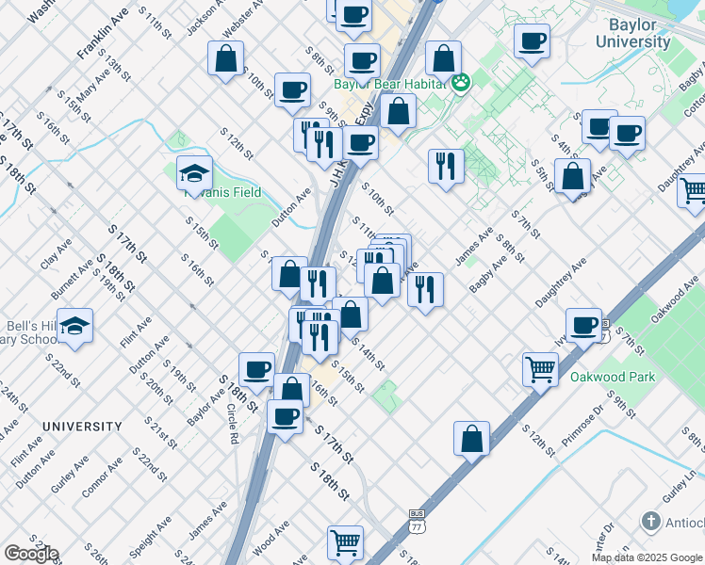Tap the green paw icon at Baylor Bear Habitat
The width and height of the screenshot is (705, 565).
pyautogui.click(x=461, y=84)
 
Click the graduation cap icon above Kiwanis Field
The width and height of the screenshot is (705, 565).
pyautogui.click(x=195, y=173)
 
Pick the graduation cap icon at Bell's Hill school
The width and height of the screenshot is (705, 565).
pyautogui.click(x=74, y=326)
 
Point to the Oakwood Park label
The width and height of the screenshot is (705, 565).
pyautogui.click(x=604, y=377)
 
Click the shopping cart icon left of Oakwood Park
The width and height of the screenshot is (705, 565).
pyautogui.click(x=540, y=368)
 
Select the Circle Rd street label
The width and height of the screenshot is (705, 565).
pyautogui.click(x=232, y=424)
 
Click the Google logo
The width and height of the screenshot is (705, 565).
pyautogui.click(x=30, y=553)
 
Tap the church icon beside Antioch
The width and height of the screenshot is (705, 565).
pyautogui.click(x=650, y=521)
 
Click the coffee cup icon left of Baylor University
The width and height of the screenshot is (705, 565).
pyautogui.click(x=532, y=41)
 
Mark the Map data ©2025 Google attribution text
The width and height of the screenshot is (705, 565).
pyautogui.click(x=647, y=557)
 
